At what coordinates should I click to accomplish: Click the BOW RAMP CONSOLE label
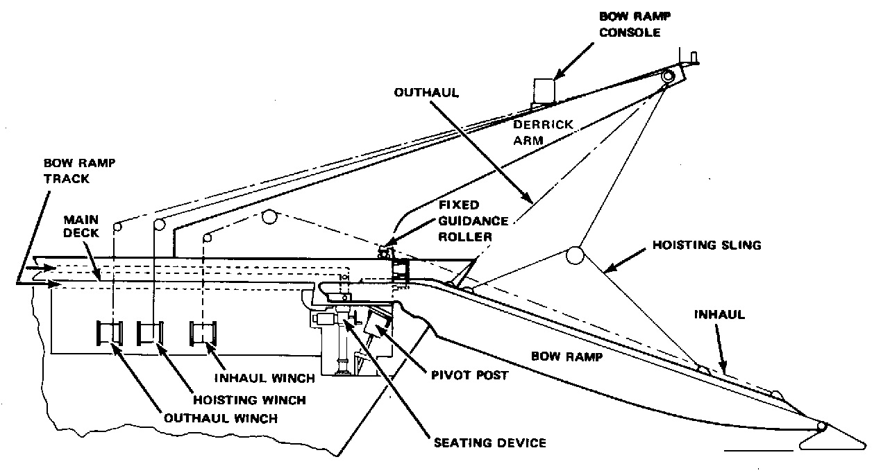(x=635, y=24)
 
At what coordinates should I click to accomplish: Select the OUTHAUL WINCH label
(x=221, y=418)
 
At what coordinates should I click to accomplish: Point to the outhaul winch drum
(x=110, y=334)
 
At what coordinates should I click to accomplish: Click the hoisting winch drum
(x=150, y=334)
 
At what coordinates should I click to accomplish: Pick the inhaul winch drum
(x=203, y=334)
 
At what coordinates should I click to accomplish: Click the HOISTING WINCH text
(x=249, y=399)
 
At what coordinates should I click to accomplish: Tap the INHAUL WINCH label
(x=265, y=378)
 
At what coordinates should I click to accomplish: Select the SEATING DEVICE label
(x=490, y=442)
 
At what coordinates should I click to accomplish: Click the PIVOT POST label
(x=469, y=375)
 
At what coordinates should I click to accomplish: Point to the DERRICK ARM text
(x=543, y=132)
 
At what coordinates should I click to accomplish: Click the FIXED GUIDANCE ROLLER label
(x=473, y=221)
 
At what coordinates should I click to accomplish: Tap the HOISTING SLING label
(x=707, y=245)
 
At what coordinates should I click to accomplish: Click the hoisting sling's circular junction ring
(x=575, y=255)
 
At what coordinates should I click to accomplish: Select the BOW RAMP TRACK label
(x=79, y=171)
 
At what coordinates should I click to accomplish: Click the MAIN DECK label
(x=81, y=226)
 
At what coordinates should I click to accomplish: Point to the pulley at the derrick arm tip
(x=669, y=76)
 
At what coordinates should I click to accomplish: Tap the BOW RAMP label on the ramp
(x=566, y=356)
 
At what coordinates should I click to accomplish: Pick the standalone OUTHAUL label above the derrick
(x=426, y=92)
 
